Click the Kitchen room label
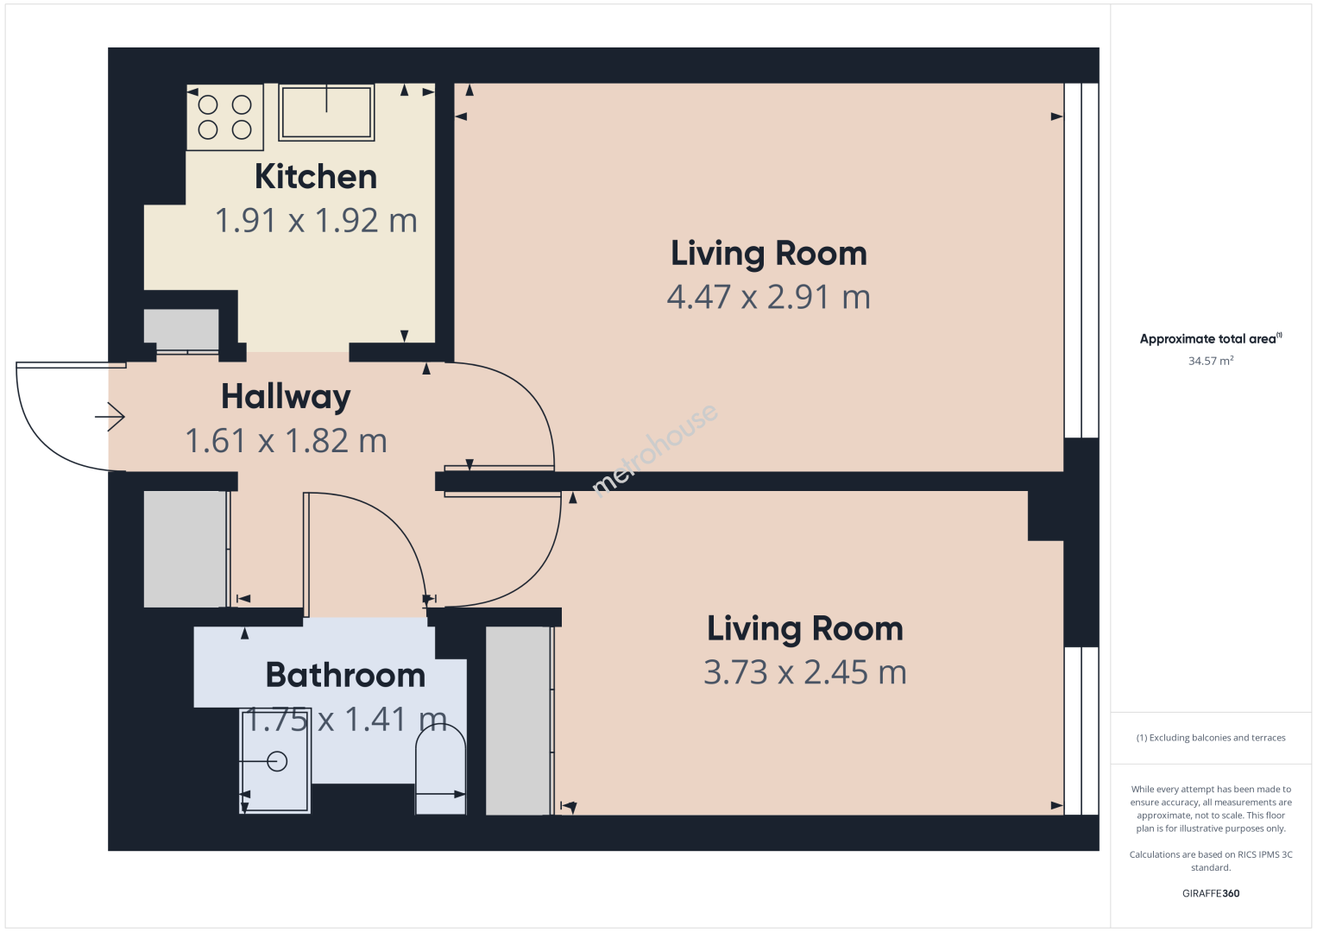point(316,176)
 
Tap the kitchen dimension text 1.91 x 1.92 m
point(316,221)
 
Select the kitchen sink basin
point(326,112)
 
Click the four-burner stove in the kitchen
point(224,117)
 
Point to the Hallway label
point(286,397)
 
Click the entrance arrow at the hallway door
point(110,417)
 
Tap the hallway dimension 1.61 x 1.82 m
point(287,441)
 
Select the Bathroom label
point(345,675)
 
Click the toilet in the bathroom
point(440,769)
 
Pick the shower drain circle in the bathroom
point(277,761)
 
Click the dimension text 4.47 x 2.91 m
point(768,297)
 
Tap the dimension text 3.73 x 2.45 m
point(805,672)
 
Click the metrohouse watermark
point(654,450)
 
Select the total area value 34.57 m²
point(1211,361)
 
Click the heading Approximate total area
point(1211,338)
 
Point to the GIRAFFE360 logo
point(1211,893)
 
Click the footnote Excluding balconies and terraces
point(1211,737)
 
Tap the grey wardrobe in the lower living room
point(520,721)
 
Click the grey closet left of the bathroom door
point(186,549)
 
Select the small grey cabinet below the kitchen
point(181,331)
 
